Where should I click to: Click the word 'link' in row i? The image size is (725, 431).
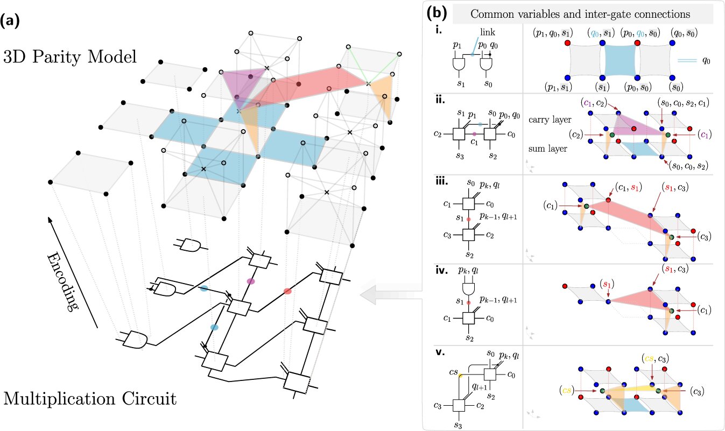486,33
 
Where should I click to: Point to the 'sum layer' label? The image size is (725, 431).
549,146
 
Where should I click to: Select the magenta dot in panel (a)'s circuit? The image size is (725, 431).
250,281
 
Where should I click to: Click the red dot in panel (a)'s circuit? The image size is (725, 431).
287,291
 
